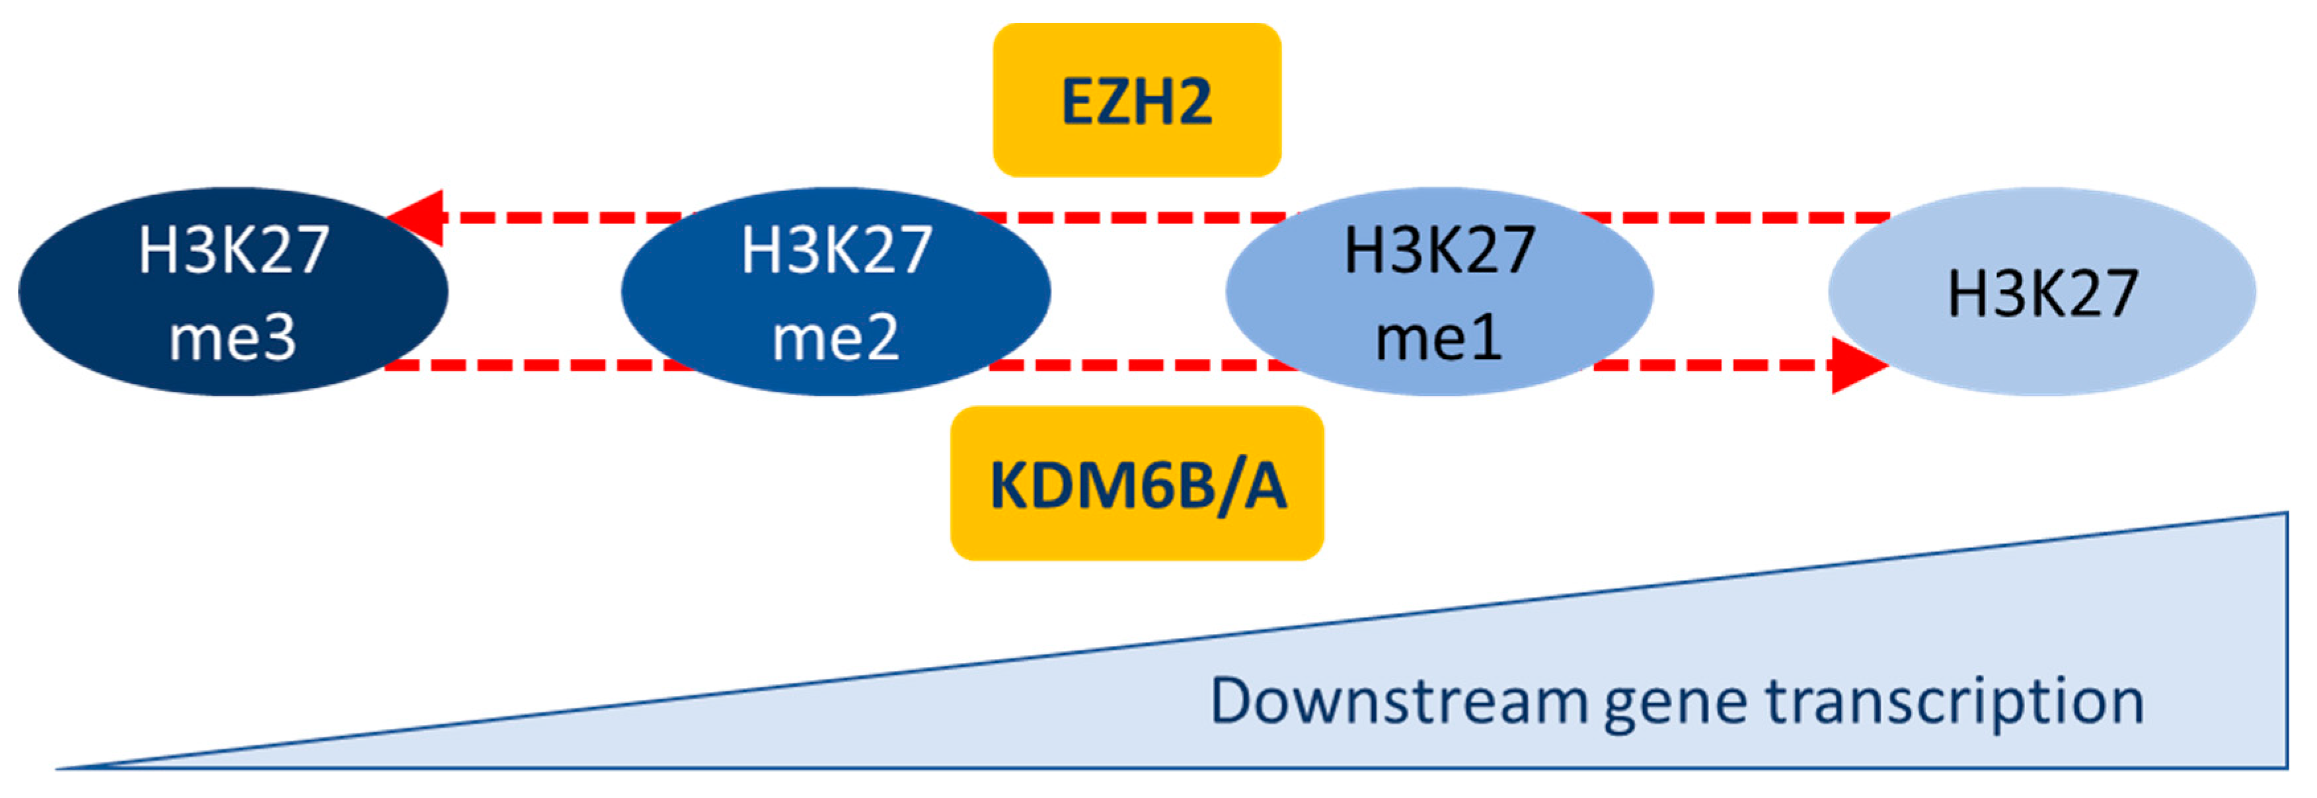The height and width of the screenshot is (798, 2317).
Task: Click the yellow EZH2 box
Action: pos(1136,100)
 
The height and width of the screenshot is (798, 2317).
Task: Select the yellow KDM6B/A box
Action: pos(1137,484)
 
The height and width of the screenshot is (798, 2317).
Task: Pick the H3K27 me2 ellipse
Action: pos(835,292)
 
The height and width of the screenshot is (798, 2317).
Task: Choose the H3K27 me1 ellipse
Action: pos(1439,292)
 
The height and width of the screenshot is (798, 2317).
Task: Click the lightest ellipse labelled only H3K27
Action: pos(2042,292)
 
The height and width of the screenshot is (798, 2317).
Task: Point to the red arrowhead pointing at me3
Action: pos(418,218)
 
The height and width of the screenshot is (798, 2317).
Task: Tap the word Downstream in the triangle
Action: pos(1398,701)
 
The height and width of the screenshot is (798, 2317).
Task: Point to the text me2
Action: pos(835,339)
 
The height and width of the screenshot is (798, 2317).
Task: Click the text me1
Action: pos(1439,339)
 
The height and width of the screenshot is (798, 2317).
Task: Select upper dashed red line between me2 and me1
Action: pos(1138,218)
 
